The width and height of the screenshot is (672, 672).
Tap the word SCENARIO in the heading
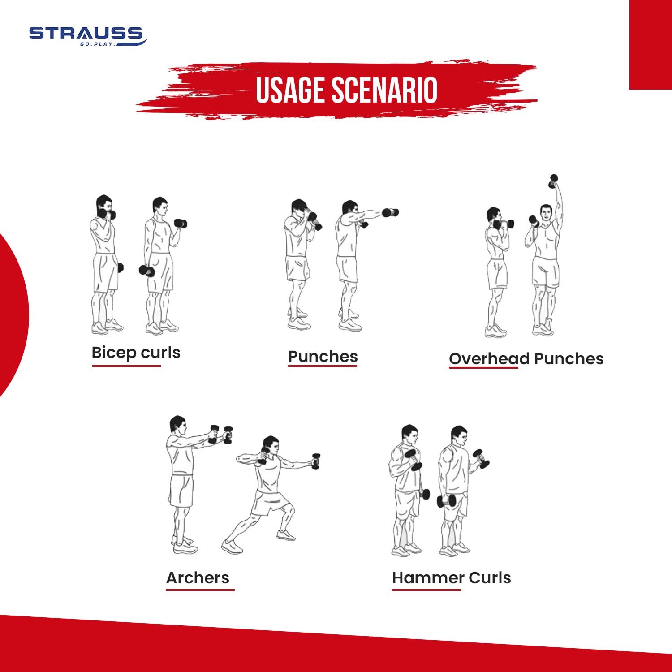tap(385, 90)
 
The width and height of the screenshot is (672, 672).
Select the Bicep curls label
tap(136, 353)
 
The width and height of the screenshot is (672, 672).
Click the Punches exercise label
tap(323, 357)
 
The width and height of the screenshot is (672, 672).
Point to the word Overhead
tap(489, 359)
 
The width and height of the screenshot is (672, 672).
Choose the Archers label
tap(198, 578)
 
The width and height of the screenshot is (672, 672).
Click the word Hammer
tap(428, 578)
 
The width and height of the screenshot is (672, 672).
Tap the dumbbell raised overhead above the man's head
tap(553, 181)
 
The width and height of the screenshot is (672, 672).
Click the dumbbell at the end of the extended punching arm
tap(390, 212)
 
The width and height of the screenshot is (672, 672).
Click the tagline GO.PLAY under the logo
tap(97, 44)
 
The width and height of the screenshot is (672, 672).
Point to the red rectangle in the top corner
tap(650, 45)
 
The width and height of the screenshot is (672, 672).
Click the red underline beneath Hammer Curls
tap(426, 590)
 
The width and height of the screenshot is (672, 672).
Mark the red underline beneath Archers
tap(200, 590)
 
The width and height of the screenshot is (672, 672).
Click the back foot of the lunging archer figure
tap(232, 547)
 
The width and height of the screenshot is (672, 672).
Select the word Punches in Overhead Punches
tap(569, 359)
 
